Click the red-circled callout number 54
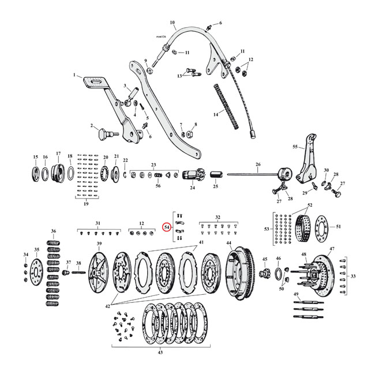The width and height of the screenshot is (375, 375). (167, 228)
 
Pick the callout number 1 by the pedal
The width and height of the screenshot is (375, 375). (74, 75)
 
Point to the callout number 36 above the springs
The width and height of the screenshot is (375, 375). (54, 232)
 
